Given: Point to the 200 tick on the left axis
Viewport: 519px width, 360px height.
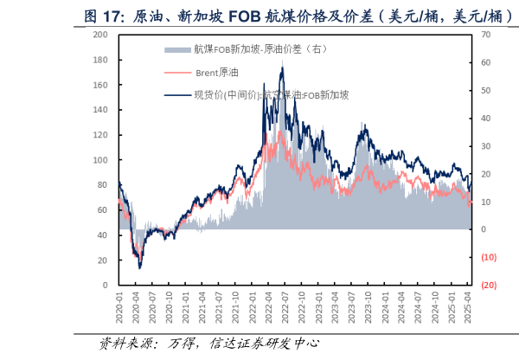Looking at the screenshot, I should pyautogui.click(x=100, y=35).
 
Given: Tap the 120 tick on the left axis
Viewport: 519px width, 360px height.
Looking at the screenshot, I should pyautogui.click(x=100, y=135).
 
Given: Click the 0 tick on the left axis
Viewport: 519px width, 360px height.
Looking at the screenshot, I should pyautogui.click(x=105, y=285).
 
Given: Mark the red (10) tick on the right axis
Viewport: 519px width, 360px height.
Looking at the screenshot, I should pyautogui.click(x=488, y=257).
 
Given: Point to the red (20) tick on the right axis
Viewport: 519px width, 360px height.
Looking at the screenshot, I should pyautogui.click(x=488, y=286).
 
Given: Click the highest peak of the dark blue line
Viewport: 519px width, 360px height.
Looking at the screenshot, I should pyautogui.click(x=282, y=66).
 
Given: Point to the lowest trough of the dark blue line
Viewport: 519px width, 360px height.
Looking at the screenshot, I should pyautogui.click(x=140, y=268).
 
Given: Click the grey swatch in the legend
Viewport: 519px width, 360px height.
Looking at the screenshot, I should pyautogui.click(x=177, y=49).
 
